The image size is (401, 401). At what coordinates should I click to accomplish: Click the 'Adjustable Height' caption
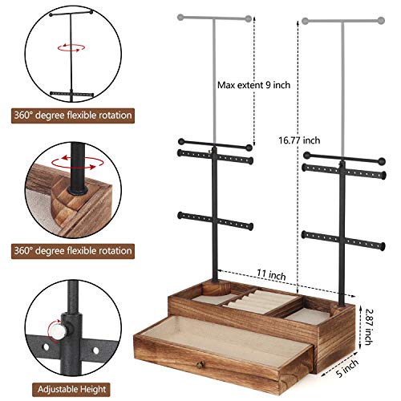[67, 388]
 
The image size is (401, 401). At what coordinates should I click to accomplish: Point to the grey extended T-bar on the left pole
[213, 15]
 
